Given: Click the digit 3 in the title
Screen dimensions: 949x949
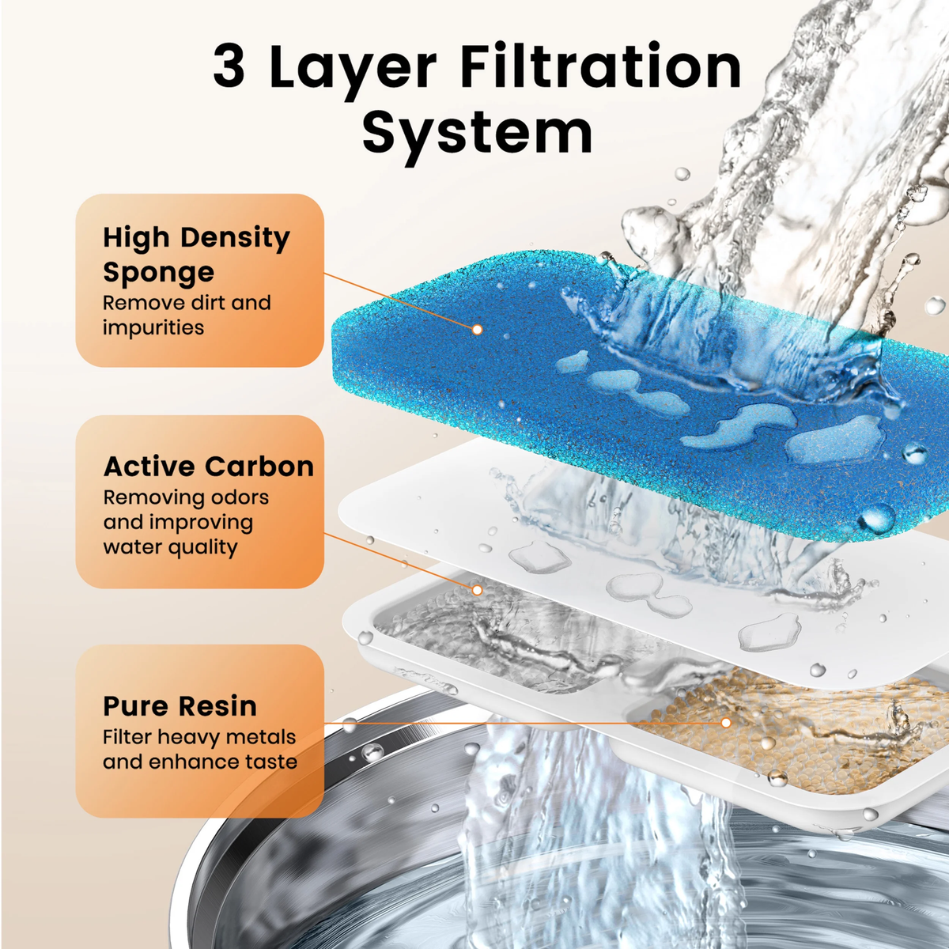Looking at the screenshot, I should (229, 66).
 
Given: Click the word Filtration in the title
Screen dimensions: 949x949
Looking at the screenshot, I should (600, 66).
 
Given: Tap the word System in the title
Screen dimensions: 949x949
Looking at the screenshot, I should (477, 133).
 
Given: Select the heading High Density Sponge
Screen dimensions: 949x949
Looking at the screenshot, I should (196, 254).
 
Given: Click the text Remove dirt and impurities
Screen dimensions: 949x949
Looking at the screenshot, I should (187, 315).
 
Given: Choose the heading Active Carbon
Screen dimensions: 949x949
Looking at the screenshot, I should (209, 467).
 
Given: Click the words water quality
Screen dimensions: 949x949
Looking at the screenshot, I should (170, 547).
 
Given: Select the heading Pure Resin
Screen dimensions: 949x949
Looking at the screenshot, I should (180, 705).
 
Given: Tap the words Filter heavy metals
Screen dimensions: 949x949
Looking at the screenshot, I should (198, 737).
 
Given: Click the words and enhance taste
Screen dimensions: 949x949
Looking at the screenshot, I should (200, 762).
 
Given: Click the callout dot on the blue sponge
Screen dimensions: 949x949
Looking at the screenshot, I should (477, 329).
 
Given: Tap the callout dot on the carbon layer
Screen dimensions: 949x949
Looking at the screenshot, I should (477, 590).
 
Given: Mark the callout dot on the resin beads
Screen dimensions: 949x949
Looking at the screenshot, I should (726, 722).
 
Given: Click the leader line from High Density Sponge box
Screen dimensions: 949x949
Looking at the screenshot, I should (399, 302).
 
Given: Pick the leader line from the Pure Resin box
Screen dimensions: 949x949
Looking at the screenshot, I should (522, 722).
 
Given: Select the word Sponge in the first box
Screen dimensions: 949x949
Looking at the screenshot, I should (158, 273).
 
